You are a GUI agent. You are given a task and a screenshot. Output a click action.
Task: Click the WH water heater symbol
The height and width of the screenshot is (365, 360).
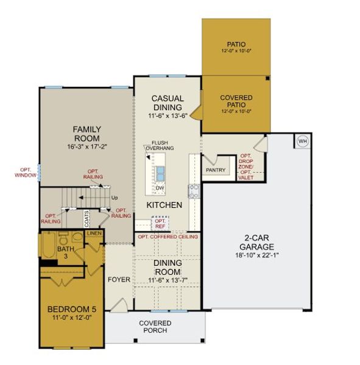point(303,141)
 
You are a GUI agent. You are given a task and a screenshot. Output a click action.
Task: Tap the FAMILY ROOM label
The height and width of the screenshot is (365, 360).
point(86,134)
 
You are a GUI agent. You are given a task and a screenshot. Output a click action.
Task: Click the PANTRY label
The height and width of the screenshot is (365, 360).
point(216,170)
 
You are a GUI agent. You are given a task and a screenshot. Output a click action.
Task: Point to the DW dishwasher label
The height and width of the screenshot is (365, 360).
point(160,188)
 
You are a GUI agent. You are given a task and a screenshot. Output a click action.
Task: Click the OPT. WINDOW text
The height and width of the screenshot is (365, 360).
point(25,173)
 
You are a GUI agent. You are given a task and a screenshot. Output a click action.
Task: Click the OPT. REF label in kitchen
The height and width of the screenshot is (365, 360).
point(160,223)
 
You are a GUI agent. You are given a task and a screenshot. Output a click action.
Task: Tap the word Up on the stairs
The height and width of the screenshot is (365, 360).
point(113,198)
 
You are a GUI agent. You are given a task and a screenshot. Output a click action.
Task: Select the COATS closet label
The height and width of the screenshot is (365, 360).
point(87,217)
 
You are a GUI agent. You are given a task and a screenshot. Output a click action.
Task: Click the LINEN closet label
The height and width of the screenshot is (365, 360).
point(93,233)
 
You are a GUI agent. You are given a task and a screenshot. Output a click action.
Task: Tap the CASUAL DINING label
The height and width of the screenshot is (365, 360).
point(168,103)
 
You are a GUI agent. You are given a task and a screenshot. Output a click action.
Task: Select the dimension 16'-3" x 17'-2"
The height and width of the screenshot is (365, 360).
point(86,147)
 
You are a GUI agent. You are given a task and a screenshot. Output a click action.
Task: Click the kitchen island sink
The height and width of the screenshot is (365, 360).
point(160,173)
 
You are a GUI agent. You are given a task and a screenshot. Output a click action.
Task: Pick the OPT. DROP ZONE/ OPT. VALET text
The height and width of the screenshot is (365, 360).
point(246,166)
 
